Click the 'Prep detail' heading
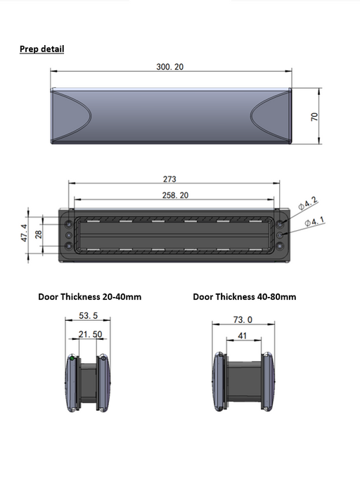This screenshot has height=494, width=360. point(41,49)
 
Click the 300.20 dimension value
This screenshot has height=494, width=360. point(170,67)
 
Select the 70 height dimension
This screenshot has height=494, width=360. point(315,116)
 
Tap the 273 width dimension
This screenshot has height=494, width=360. point(169,179)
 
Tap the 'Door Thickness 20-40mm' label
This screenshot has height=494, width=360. point(89,296)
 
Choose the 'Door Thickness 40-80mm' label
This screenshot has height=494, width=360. point(244,296)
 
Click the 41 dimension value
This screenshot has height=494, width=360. point(240,336)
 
